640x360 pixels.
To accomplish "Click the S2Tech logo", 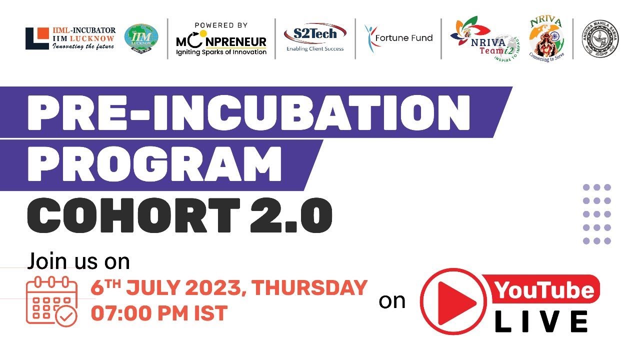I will pyautogui.click(x=314, y=37).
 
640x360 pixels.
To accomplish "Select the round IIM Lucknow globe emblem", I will pyautogui.click(x=141, y=38).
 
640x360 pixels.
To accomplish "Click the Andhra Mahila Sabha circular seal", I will pyautogui.click(x=597, y=39).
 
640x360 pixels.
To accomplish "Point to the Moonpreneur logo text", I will pyautogui.click(x=221, y=42).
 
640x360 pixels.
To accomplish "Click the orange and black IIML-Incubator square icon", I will pyautogui.click(x=37, y=38).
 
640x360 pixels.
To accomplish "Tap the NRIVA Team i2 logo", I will pyautogui.click(x=485, y=40).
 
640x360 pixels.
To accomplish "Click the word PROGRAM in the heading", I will pyautogui.click(x=153, y=163).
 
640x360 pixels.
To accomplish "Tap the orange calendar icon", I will pyautogui.click(x=52, y=301).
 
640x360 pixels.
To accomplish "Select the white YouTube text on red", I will pyautogui.click(x=544, y=290).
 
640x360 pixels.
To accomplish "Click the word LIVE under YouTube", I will pyautogui.click(x=541, y=321).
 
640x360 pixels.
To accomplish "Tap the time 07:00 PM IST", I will pyautogui.click(x=159, y=313).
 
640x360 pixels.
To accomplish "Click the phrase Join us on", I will pyautogui.click(x=78, y=261).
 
